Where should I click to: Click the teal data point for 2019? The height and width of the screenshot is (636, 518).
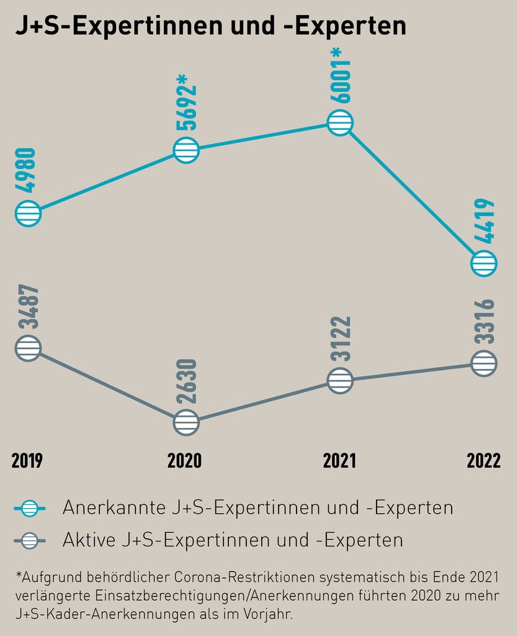27,213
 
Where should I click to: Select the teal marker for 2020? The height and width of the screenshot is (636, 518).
186,150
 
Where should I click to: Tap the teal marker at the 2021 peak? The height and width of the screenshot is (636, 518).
340,123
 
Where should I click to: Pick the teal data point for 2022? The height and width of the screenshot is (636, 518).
484,263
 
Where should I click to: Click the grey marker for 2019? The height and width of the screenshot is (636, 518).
27,348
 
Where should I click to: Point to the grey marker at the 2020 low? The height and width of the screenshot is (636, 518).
186,422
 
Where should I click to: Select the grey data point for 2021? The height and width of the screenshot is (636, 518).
340,380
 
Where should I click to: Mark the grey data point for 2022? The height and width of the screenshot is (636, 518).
484,363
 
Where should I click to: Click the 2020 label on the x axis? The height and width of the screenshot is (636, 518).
184,461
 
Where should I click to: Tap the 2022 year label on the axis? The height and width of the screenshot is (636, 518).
483,461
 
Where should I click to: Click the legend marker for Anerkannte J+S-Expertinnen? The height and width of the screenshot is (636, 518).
29,509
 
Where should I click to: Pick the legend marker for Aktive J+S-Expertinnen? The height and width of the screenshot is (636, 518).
29,541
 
